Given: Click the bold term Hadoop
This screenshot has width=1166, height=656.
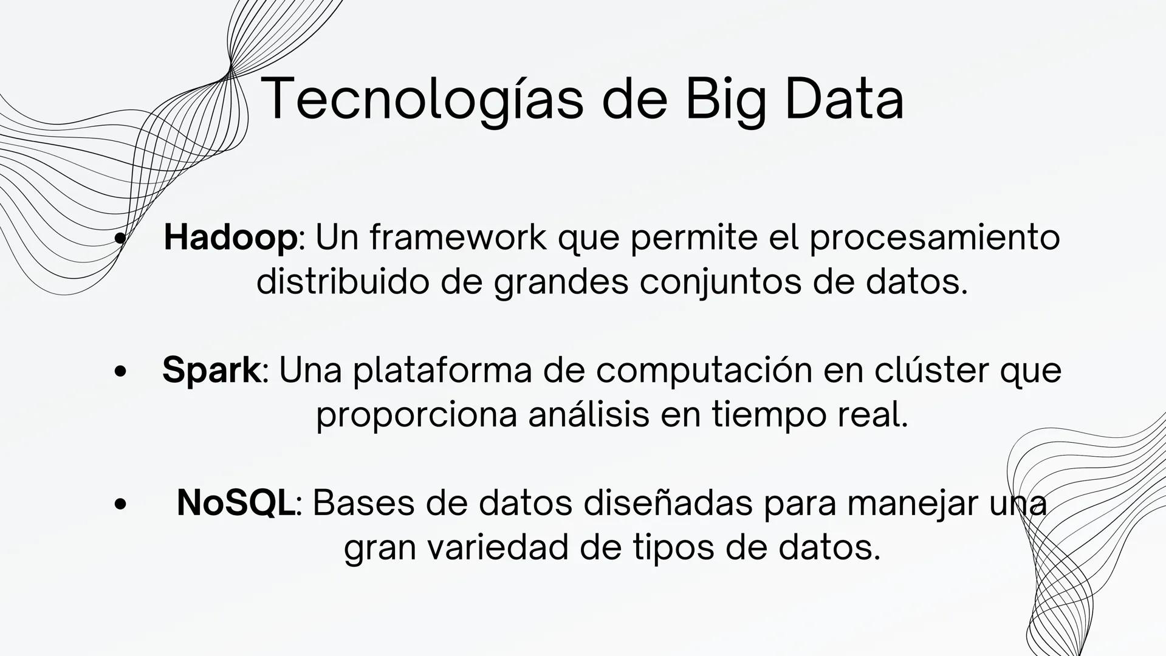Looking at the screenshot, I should [230, 237].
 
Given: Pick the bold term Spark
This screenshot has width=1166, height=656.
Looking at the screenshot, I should [211, 370].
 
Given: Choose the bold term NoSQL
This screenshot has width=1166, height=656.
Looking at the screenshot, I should [235, 503].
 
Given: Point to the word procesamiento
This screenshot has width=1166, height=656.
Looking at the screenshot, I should [935, 237].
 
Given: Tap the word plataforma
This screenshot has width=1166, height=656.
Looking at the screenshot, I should [442, 370].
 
